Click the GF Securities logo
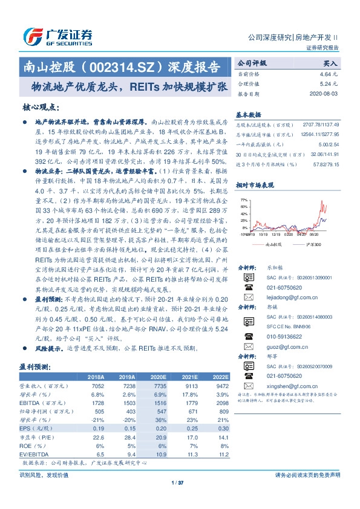57,35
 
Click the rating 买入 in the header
330,63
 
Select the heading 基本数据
249,114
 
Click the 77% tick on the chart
243,199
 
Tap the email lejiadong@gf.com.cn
288,281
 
